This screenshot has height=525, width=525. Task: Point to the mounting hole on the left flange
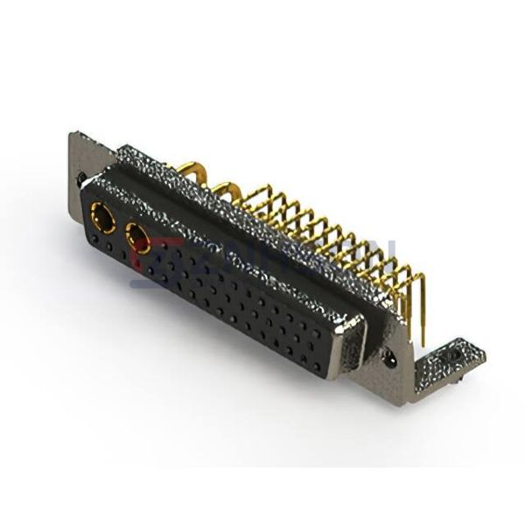pos(80,178)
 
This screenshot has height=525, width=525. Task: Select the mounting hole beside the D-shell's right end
pos(390,356)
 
